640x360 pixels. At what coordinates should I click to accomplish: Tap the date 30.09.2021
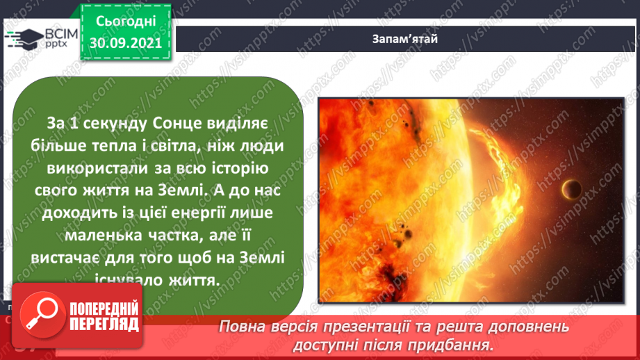click(x=125, y=43)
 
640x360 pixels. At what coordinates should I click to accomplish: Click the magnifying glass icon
click(x=39, y=315)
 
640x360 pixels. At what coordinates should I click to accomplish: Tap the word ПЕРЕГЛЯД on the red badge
click(x=104, y=325)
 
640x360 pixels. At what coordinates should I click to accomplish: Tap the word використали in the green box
click(x=93, y=167)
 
